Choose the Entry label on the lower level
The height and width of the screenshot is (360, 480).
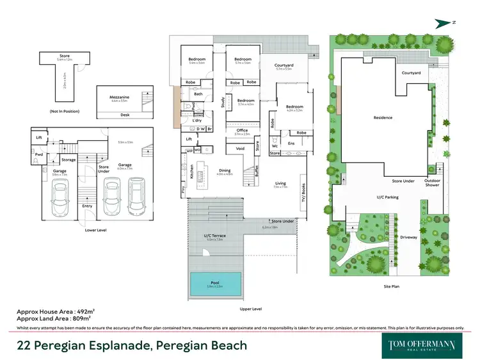(87, 206)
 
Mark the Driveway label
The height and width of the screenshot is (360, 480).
(409, 238)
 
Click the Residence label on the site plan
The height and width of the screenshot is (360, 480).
(383, 118)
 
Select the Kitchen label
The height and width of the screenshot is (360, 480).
(191, 171)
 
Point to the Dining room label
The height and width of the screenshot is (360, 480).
(224, 170)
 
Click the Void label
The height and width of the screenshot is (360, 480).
(240, 148)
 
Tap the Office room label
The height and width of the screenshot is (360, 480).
(241, 130)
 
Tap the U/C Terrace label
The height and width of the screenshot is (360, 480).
(215, 236)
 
